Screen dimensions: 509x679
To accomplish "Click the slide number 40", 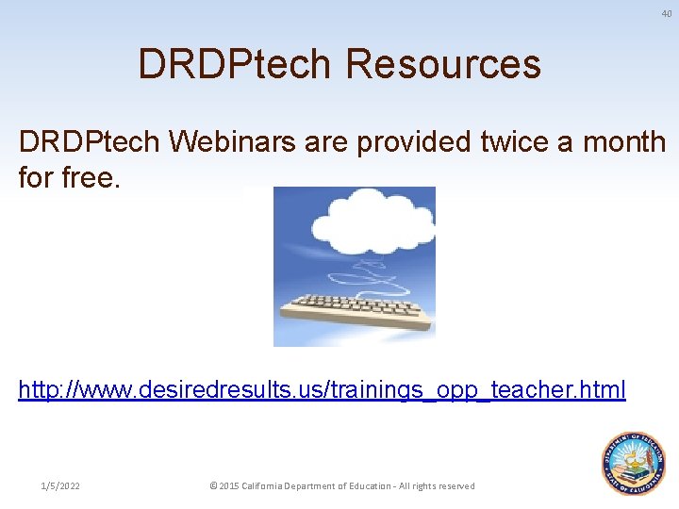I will [x=666, y=12].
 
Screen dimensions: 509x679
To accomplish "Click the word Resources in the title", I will [x=443, y=64].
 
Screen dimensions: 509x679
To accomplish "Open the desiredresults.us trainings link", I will [x=322, y=389].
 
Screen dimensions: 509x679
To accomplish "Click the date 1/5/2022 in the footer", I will [x=60, y=485].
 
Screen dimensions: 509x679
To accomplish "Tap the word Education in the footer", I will [x=373, y=485].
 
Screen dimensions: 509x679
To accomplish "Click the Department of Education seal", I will [x=633, y=462].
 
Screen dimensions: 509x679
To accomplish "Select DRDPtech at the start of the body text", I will [x=91, y=142].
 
